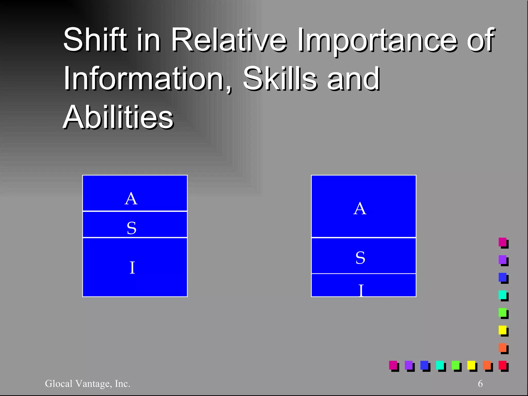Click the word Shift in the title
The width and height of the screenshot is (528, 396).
tap(95, 40)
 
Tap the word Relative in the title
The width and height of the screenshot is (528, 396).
tap(228, 40)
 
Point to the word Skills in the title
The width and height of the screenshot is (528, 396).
tap(279, 78)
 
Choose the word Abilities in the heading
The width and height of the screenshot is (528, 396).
tap(118, 117)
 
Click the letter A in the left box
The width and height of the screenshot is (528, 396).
tap(131, 199)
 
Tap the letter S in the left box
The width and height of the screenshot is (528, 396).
tap(131, 228)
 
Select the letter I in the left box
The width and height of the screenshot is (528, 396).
tap(132, 268)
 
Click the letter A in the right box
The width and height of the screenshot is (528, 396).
tap(360, 209)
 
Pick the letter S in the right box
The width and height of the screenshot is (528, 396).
tap(360, 258)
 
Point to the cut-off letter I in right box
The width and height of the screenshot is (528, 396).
tap(361, 291)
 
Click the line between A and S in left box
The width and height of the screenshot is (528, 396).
tap(135, 211)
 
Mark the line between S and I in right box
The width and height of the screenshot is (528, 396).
tap(364, 274)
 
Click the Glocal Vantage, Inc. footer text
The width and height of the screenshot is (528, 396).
tap(88, 384)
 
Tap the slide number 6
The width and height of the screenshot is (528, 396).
tap(480, 384)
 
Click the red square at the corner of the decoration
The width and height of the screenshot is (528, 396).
tap(502, 365)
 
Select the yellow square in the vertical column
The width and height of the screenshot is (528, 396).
tap(502, 330)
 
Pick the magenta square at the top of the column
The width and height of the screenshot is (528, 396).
tap(502, 242)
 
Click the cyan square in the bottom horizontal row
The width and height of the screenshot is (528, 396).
tap(440, 365)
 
